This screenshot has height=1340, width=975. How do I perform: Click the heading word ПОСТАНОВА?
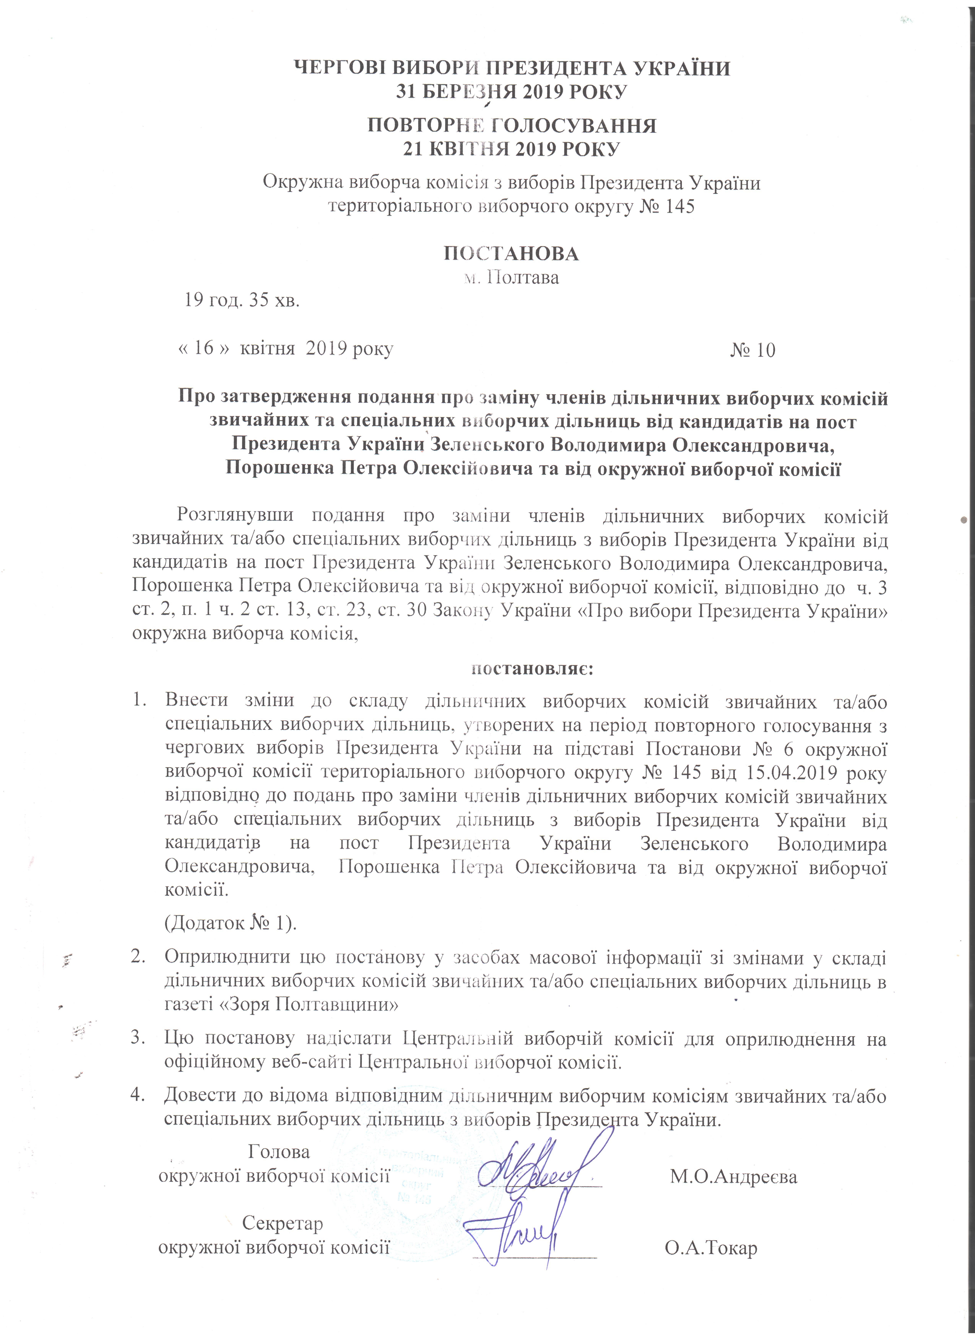coord(511,253)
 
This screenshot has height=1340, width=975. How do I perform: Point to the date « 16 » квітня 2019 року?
coord(286,348)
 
